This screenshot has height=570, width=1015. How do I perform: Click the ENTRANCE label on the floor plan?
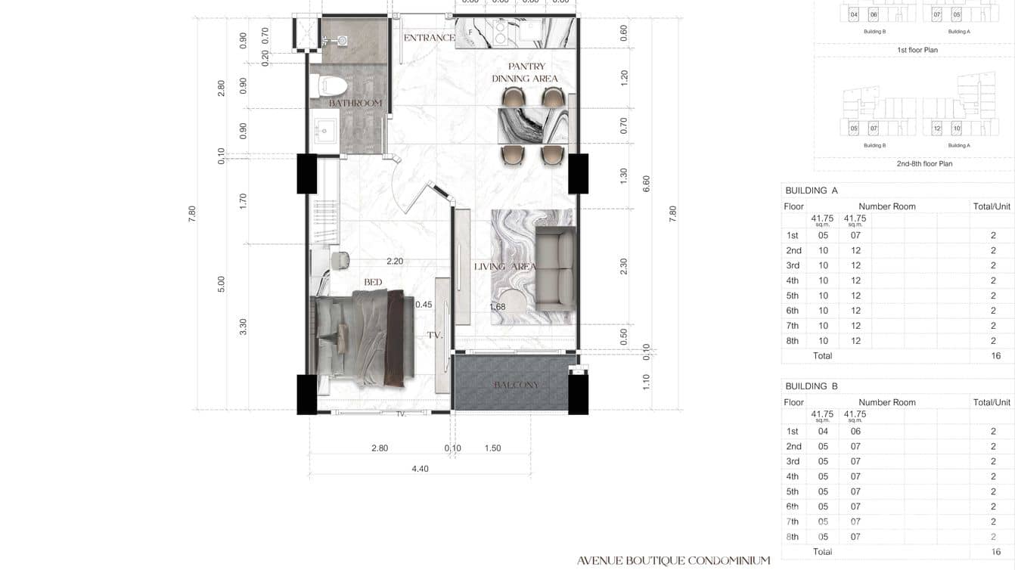point(429,38)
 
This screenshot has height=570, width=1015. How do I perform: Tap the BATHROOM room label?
point(355,103)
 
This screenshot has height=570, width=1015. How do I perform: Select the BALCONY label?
point(516,385)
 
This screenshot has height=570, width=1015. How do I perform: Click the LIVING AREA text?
point(504,266)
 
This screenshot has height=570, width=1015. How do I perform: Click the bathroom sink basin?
point(326,129)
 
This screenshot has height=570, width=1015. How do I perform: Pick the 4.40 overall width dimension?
point(420,469)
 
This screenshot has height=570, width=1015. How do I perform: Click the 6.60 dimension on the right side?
point(646,184)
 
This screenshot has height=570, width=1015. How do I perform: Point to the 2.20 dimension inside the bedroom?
point(394,262)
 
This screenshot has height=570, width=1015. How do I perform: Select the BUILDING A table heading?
point(812,191)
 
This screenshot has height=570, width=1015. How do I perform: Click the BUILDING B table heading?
point(812,386)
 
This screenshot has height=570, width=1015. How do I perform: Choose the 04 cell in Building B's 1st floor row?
point(823,432)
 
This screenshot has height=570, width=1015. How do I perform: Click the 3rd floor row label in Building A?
point(793,265)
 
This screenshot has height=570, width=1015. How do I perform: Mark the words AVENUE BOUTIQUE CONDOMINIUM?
point(673,561)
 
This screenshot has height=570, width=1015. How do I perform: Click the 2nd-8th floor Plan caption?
point(924,163)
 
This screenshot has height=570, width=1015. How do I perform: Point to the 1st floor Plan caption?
point(917,50)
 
